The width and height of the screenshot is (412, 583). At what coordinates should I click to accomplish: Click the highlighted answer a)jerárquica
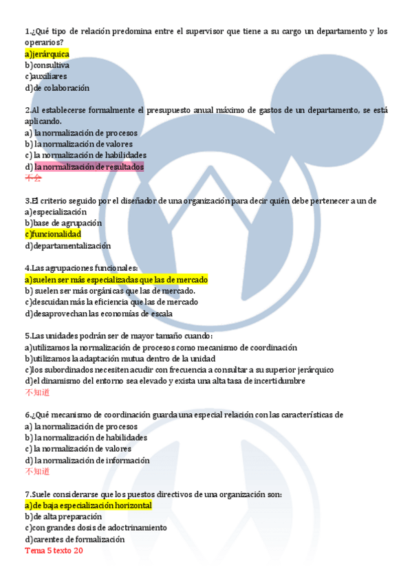tap(47, 54)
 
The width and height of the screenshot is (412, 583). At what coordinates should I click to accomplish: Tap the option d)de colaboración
tap(57, 88)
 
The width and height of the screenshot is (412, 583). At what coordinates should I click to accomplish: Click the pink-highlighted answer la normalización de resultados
tap(89, 167)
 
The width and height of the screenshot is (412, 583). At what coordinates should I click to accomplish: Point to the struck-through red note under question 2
tap(33, 178)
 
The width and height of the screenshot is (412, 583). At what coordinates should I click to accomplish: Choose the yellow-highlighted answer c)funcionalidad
tap(52, 234)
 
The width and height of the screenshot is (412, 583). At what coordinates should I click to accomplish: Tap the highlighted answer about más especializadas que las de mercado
tap(116, 280)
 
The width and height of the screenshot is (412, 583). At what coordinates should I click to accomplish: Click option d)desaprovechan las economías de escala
tap(98, 313)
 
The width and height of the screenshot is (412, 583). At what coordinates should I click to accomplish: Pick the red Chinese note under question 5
tap(37, 393)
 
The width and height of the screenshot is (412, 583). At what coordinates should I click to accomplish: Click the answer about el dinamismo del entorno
tap(164, 381)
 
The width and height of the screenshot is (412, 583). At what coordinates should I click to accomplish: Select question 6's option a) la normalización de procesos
tap(80, 426)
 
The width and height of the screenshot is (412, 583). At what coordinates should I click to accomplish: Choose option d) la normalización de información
tap(87, 460)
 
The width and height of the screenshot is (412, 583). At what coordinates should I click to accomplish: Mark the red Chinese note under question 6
tap(37, 472)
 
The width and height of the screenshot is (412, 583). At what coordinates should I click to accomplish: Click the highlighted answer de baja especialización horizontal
tap(88, 505)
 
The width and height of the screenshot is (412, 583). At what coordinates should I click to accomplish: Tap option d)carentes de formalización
tap(74, 539)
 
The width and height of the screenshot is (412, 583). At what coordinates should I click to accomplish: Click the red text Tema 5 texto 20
tap(54, 551)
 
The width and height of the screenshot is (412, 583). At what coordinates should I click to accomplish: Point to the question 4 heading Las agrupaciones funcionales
tap(81, 268)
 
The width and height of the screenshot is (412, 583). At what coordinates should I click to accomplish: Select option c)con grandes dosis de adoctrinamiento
tap(96, 528)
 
